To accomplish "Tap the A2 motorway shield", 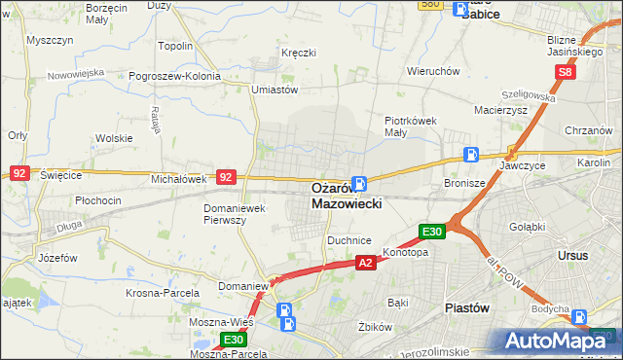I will pyautogui.click(x=365, y=263).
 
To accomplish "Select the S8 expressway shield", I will pyautogui.click(x=567, y=72).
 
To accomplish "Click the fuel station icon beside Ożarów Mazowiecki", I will pyautogui.click(x=359, y=183).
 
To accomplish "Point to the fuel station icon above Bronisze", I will pyautogui.click(x=471, y=154).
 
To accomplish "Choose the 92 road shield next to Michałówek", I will pyautogui.click(x=226, y=177).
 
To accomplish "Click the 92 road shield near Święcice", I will pyautogui.click(x=18, y=171).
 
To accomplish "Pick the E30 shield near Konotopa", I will pyautogui.click(x=432, y=232).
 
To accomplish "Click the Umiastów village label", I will pyautogui.click(x=274, y=90).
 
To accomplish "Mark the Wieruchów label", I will pyautogui.click(x=433, y=71).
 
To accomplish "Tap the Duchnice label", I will pyautogui.click(x=349, y=238).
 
